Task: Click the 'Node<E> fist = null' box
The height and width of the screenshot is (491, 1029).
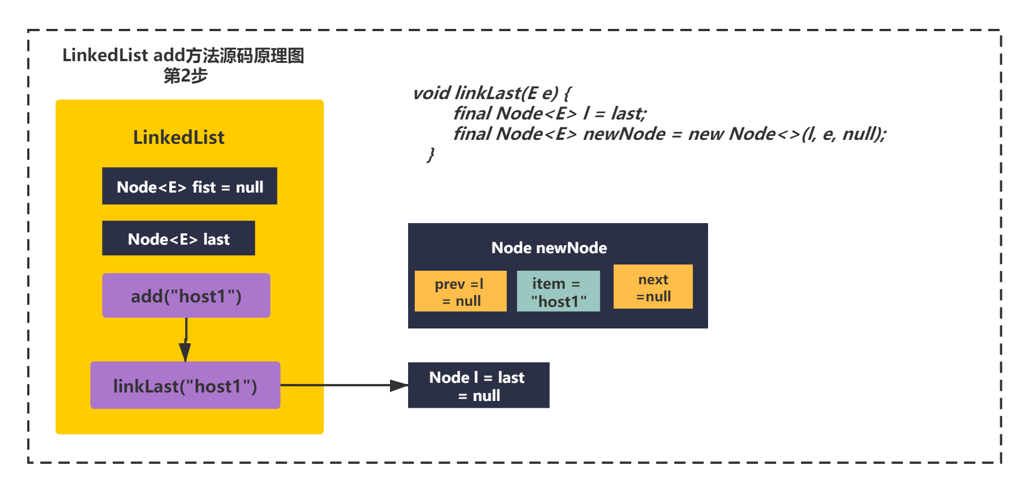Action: (190, 186)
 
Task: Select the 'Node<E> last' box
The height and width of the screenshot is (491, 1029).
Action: (178, 238)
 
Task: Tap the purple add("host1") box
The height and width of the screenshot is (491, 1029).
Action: (186, 296)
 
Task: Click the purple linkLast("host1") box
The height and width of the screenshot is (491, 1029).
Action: (185, 385)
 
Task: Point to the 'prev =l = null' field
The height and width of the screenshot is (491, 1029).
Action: (460, 291)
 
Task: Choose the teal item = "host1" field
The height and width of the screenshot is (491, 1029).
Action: (558, 291)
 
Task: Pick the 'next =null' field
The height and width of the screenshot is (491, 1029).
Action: (653, 287)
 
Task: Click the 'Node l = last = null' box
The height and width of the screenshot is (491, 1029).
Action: (479, 385)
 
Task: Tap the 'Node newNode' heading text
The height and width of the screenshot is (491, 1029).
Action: (549, 247)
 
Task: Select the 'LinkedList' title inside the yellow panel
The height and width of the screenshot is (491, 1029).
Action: (179, 137)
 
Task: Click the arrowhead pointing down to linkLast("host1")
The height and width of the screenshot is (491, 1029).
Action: (185, 352)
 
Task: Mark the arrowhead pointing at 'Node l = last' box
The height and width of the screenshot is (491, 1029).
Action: (398, 386)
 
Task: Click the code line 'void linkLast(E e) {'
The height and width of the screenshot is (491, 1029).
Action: (492, 93)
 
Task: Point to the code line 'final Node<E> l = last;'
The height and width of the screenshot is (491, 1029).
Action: (550, 113)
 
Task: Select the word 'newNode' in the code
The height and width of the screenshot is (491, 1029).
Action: (624, 134)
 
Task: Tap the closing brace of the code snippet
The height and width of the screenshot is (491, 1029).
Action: (431, 155)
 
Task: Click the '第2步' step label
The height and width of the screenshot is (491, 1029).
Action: (186, 75)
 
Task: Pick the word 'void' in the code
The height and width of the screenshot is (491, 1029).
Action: (431, 93)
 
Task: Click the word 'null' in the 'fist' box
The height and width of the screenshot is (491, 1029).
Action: (250, 187)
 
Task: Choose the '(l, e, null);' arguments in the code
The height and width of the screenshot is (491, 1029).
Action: (844, 134)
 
